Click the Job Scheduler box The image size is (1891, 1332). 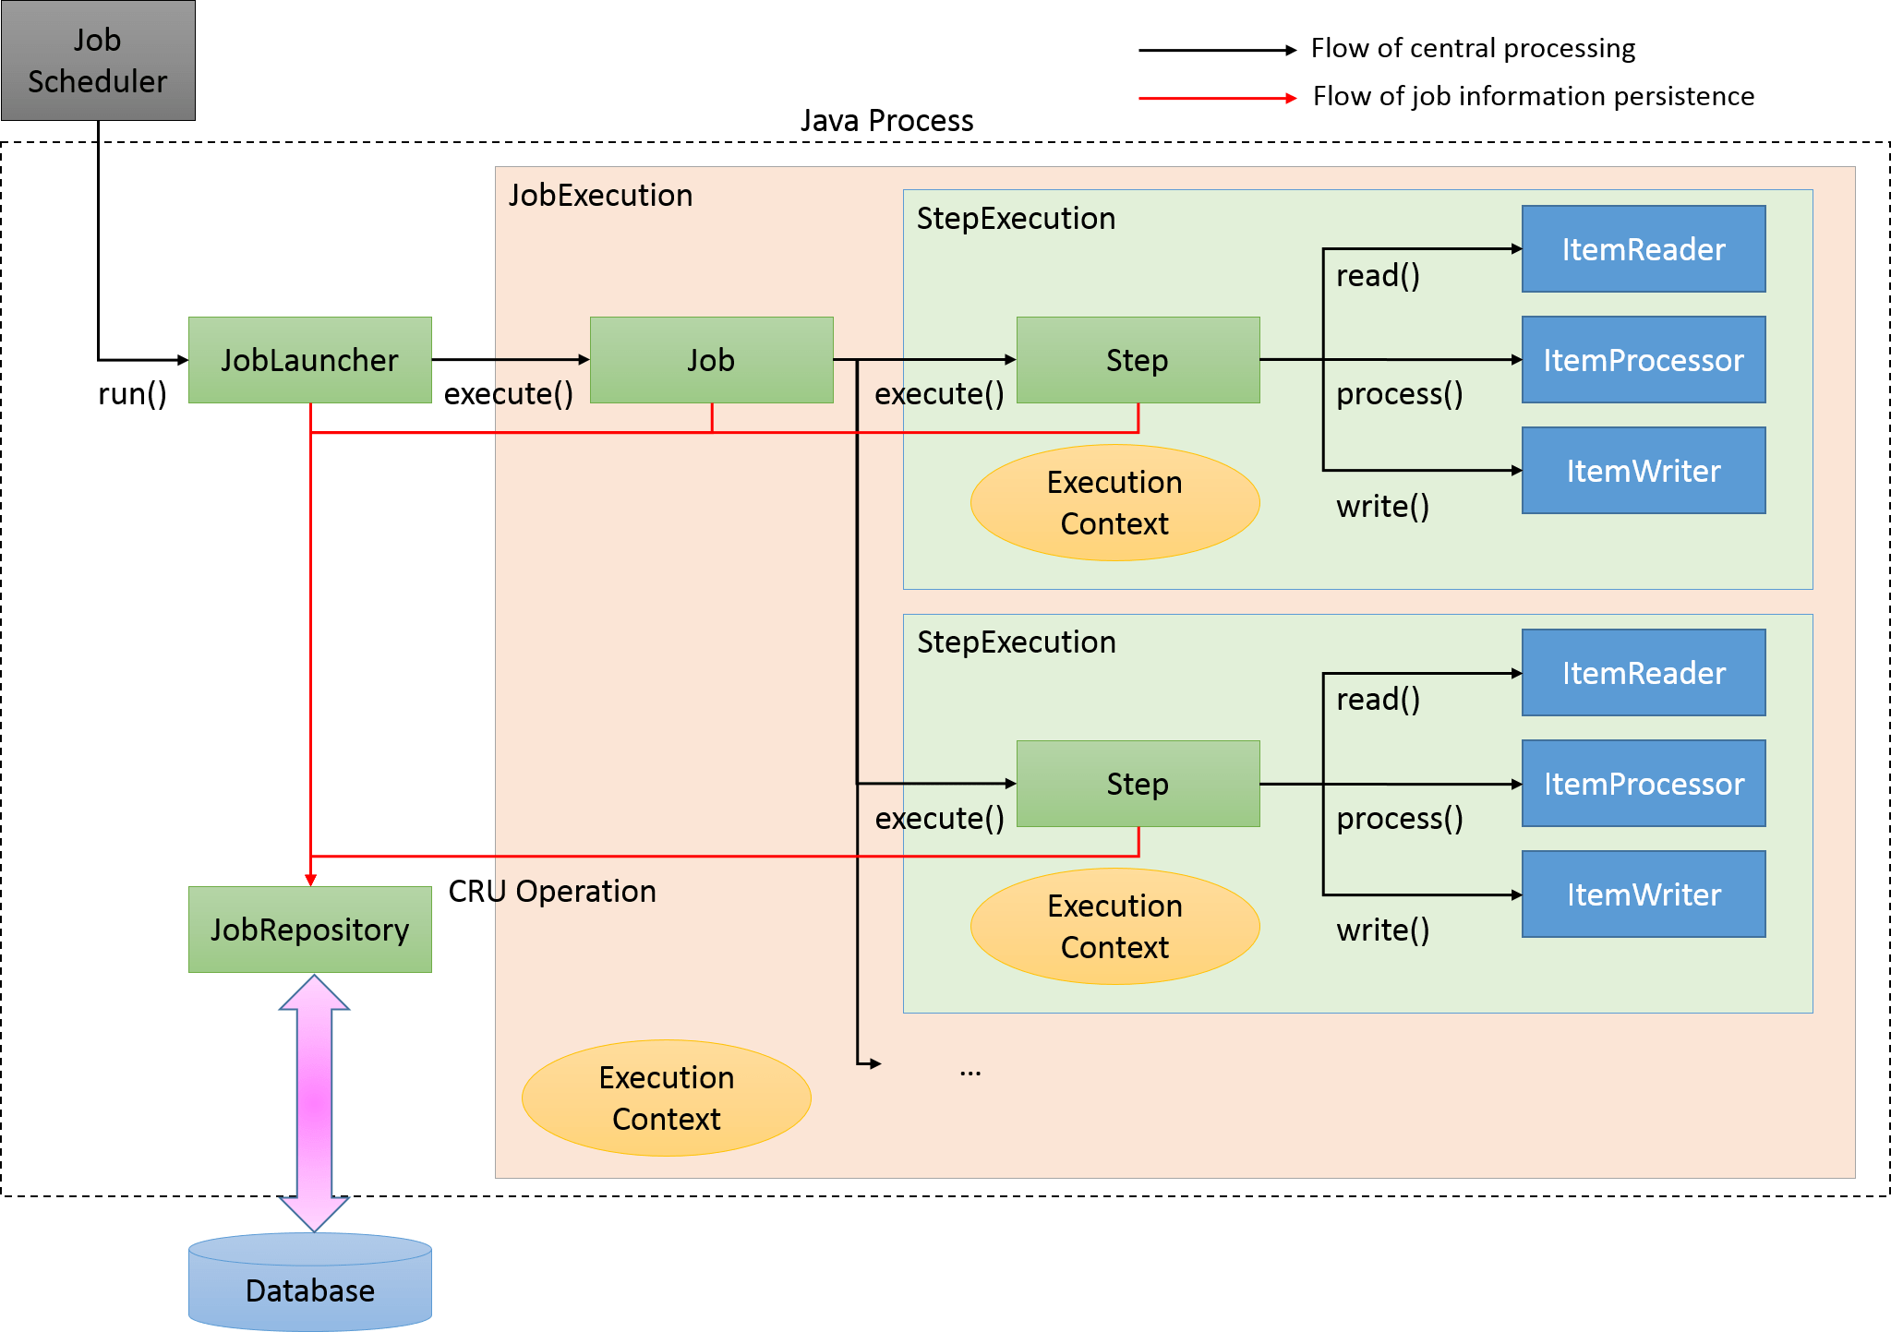[x=98, y=61]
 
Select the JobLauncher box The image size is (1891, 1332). [x=309, y=360]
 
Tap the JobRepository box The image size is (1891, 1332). [x=309, y=930]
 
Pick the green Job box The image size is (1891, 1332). [x=711, y=360]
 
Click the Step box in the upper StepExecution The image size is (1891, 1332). [x=1138, y=360]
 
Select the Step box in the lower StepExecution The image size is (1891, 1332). [x=1138, y=784]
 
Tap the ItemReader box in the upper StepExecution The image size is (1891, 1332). [x=1644, y=249]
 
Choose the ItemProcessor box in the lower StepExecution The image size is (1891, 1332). [x=1644, y=784]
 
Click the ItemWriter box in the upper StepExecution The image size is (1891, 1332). [x=1644, y=471]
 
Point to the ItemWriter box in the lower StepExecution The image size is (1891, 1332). [x=1644, y=894]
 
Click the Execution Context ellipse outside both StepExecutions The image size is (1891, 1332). [x=666, y=1098]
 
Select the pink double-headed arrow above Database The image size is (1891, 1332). [x=314, y=1103]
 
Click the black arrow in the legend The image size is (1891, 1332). [x=1217, y=51]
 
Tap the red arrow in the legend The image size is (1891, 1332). [x=1217, y=98]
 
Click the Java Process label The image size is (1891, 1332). [x=886, y=121]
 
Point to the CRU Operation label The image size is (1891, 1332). [x=552, y=892]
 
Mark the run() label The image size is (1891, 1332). [x=132, y=394]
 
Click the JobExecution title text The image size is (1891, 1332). [x=600, y=196]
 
